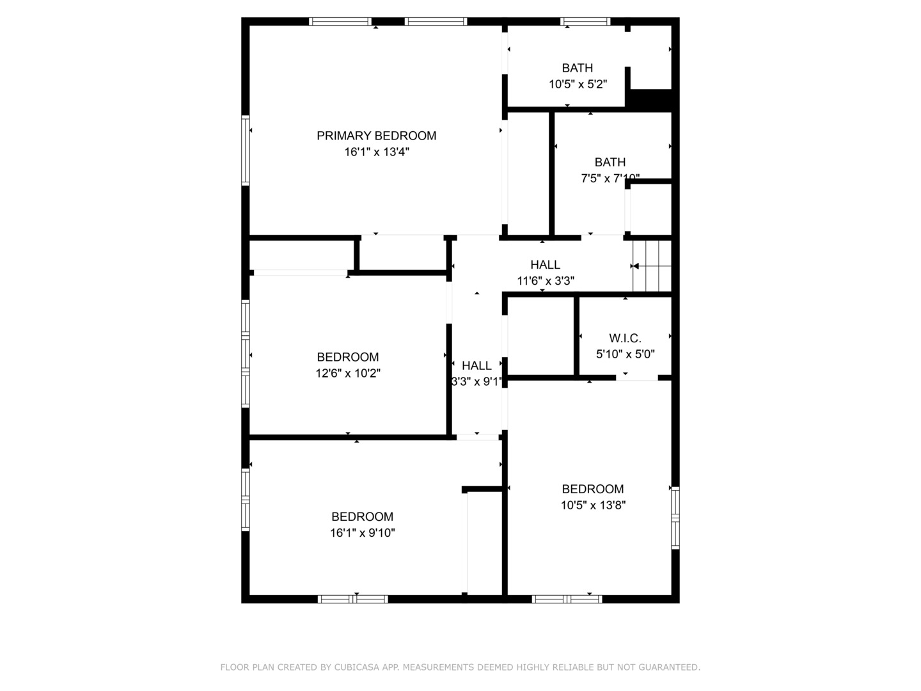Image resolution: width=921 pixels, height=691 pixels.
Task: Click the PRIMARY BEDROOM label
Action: click(376, 136)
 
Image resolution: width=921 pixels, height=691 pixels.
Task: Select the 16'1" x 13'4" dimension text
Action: click(376, 152)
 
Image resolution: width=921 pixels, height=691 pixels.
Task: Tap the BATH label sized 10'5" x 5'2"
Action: click(577, 68)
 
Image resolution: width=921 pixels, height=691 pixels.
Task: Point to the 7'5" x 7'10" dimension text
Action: click(610, 179)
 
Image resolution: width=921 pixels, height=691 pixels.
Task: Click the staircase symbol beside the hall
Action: click(652, 266)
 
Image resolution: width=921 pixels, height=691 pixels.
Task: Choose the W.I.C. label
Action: click(625, 338)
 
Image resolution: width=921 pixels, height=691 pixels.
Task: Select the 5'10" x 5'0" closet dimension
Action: click(625, 354)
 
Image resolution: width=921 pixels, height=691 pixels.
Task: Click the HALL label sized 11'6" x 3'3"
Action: click(545, 264)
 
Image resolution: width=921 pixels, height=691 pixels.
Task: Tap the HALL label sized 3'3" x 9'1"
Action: click(476, 365)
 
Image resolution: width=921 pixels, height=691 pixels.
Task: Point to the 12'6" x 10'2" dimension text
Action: click(348, 373)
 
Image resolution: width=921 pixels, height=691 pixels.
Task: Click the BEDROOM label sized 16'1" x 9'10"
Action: click(362, 516)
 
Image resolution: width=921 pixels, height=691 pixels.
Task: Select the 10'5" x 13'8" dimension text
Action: click(593, 505)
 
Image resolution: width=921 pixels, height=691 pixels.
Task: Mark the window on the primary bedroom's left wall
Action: click(245, 150)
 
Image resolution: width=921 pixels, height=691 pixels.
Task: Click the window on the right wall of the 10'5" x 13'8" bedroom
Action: click(675, 518)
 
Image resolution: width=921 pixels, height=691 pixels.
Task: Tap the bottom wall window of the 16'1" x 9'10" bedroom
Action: click(353, 599)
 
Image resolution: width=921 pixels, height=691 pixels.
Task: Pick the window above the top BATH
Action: click(585, 22)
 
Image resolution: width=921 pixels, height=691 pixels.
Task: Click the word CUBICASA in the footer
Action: click(358, 667)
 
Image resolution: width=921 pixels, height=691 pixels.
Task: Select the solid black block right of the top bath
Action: click(650, 99)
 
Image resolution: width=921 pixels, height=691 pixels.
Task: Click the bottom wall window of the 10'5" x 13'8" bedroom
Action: click(567, 599)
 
